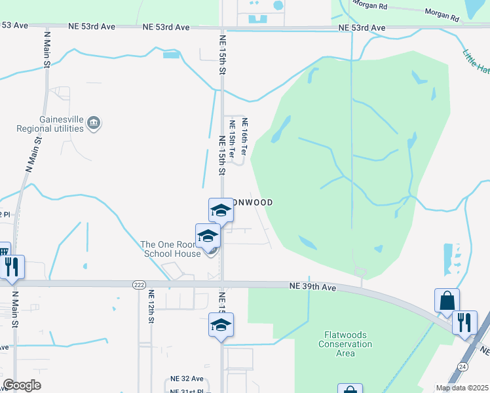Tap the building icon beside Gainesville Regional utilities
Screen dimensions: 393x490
click(94, 123)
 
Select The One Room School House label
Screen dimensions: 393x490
click(170, 249)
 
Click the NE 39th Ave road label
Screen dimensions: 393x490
click(313, 287)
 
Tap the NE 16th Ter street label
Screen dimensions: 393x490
click(244, 137)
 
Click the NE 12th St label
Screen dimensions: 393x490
click(151, 307)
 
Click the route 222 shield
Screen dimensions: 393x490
click(138, 285)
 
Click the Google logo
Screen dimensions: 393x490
click(22, 385)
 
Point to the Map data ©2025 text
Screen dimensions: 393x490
click(462, 388)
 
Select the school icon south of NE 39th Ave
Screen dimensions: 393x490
click(221, 325)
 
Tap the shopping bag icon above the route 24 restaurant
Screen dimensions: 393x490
click(447, 301)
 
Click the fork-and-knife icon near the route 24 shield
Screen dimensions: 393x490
click(464, 322)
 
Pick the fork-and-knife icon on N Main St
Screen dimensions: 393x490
click(12, 267)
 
